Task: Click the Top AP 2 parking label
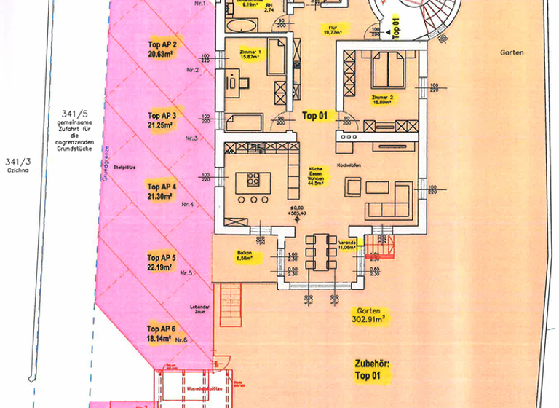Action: [162, 48]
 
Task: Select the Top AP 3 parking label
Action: [162, 120]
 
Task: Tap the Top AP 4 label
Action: [162, 191]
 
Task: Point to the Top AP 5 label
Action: [162, 262]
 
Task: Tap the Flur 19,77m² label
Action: [335, 29]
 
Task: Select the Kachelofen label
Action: [349, 165]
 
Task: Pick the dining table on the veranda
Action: [320, 253]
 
